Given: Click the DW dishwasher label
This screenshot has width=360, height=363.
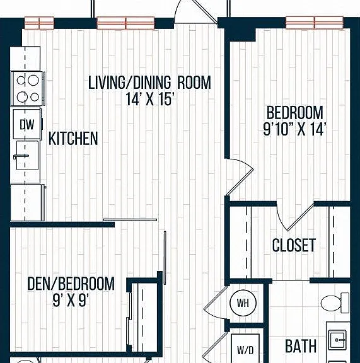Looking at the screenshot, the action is point(27,125).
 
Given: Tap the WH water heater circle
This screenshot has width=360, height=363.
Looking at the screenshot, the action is point(243,302).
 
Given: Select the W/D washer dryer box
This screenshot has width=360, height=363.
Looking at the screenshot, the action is point(245,349).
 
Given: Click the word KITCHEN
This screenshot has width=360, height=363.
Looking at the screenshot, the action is point(73,139).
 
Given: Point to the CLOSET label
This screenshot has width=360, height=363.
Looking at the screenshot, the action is point(294,245).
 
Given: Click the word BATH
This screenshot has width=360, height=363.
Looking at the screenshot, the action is point(301,346).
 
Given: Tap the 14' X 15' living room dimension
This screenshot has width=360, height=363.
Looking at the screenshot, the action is point(150,99).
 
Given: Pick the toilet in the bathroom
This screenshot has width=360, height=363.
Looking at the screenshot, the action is point(335,302).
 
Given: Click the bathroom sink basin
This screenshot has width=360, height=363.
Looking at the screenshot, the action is point(338,340).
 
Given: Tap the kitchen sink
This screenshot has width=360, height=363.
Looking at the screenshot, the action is point(27,155).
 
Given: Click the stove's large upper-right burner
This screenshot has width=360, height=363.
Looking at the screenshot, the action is point(33,81).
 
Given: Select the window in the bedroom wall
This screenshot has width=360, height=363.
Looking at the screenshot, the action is point(315,23).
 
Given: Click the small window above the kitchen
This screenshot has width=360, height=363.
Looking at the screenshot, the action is point(39,23).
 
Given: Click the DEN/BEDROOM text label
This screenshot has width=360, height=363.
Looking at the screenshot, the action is point(71,284).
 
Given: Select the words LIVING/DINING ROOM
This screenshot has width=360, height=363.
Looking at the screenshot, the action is point(150,83).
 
